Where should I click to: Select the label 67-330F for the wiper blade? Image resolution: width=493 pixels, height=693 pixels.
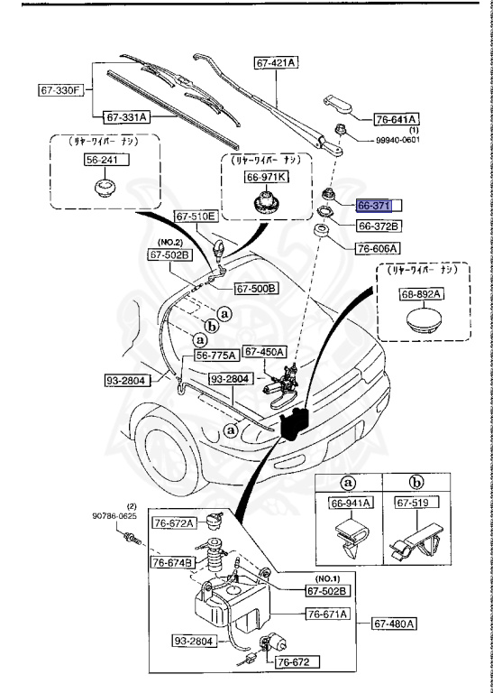[60, 90]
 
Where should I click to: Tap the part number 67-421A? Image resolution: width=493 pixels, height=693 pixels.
[277, 62]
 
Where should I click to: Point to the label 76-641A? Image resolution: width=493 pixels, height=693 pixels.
[397, 118]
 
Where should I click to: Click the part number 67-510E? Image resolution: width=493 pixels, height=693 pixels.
[196, 217]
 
